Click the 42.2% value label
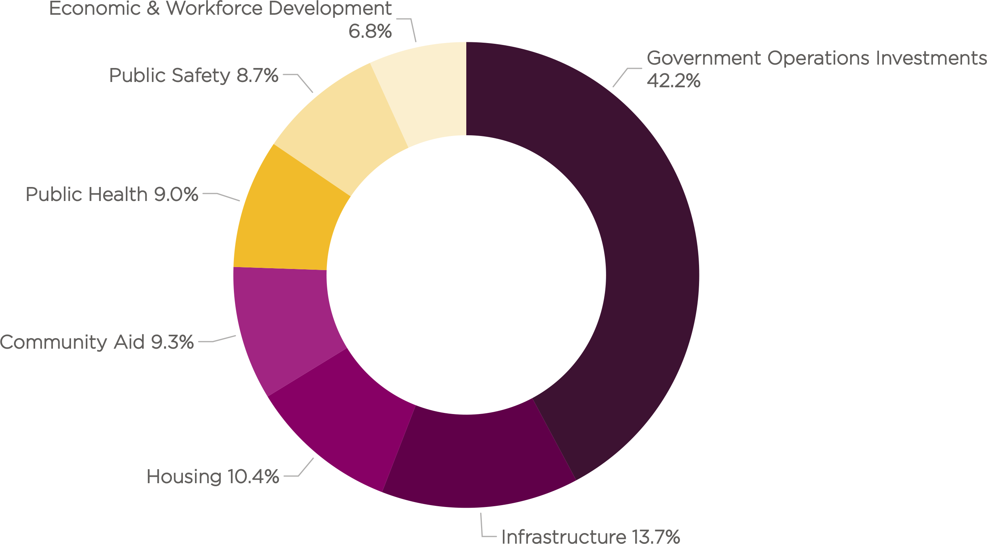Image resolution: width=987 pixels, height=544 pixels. pos(673,80)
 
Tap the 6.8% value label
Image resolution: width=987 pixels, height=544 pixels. pos(370,31)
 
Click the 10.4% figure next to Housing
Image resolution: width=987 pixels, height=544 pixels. pos(253,477)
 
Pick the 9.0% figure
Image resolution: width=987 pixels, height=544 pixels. pos(176,194)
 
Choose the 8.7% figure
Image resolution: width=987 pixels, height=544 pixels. pos(257,75)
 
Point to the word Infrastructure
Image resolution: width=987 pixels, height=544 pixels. pos(564,536)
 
